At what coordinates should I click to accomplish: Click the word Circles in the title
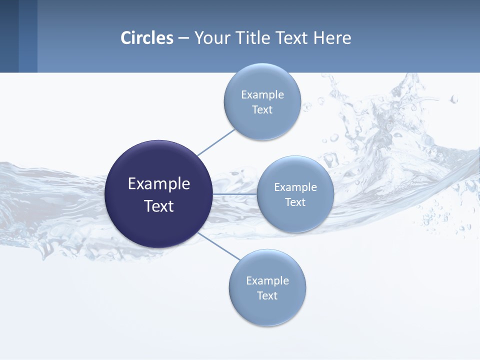click(147, 38)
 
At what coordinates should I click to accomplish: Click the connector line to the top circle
click(216, 142)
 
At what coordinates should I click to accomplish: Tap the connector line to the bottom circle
click(219, 245)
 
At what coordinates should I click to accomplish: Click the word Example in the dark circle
click(159, 184)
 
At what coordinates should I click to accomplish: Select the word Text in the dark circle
click(159, 206)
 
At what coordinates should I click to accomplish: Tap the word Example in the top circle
click(262, 94)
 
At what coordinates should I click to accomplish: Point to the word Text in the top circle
click(262, 110)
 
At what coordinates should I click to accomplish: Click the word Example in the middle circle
click(295, 187)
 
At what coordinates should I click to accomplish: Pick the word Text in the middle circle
click(295, 202)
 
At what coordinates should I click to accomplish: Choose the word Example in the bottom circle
click(267, 280)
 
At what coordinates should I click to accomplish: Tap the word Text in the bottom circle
click(267, 296)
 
